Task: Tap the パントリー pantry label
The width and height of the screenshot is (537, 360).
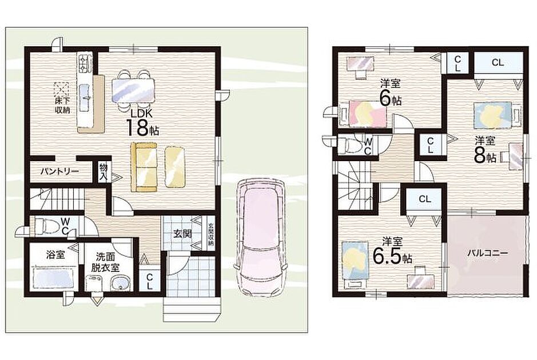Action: (60, 171)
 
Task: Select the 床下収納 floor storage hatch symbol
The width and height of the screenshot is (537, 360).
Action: (62, 90)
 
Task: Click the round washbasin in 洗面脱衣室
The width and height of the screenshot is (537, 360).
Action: (120, 282)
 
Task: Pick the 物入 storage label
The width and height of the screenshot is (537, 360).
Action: (103, 172)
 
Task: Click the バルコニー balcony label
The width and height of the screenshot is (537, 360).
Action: (487, 254)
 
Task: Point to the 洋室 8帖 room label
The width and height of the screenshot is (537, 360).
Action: (485, 150)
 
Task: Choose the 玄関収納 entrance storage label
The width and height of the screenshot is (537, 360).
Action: (211, 235)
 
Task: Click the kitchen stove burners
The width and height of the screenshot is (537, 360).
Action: (84, 63)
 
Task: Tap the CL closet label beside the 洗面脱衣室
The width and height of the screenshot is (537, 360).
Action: (150, 281)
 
